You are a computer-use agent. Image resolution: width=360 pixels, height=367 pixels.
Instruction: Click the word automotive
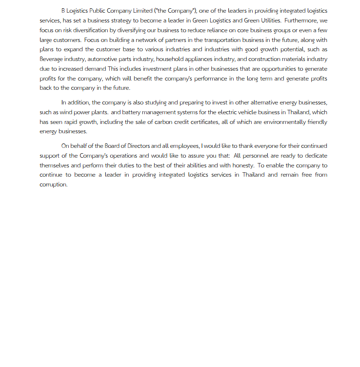click(103, 59)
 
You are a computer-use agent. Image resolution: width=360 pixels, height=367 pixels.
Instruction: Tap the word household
click(169, 59)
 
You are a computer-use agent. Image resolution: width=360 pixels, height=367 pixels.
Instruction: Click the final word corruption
click(53, 184)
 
